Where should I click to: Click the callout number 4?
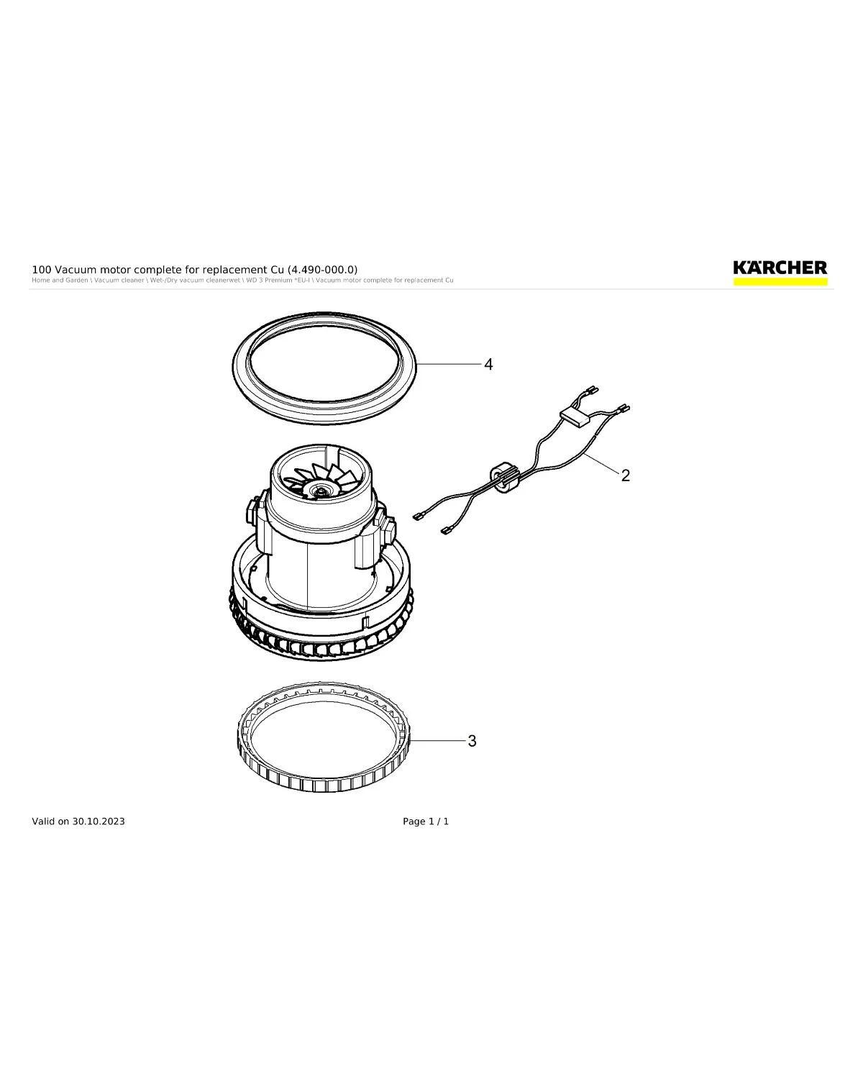488,365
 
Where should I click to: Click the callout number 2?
626,475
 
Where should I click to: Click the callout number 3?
472,741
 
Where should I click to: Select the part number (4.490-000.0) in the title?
322,270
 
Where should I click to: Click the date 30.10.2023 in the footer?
99,821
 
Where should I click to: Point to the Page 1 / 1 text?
426,821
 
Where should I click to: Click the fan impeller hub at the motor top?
317,490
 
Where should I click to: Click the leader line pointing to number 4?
449,365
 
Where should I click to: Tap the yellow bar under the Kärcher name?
780,282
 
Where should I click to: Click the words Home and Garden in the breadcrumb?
60,281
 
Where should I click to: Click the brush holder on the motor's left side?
251,511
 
